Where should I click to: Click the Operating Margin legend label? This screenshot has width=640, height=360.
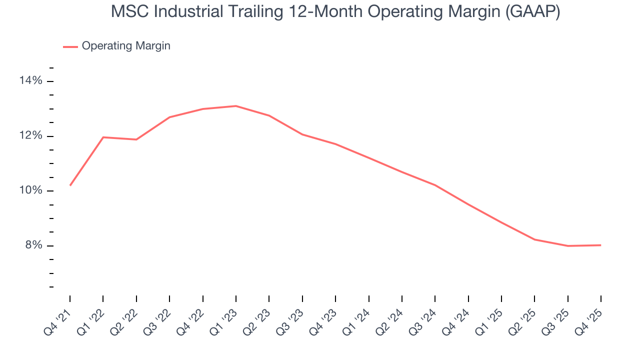coord(126,46)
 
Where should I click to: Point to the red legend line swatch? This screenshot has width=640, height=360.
coord(70,46)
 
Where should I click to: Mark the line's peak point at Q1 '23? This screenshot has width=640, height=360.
coord(235,106)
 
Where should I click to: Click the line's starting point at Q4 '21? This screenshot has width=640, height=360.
coord(70,185)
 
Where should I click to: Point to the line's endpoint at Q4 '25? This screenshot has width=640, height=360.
coord(600,245)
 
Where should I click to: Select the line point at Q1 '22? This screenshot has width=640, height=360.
coord(103,137)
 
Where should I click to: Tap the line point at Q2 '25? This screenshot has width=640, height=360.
coord(534,239)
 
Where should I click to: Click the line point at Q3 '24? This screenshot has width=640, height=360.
coord(435,185)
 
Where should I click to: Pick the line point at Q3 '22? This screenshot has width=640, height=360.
coord(169,117)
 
